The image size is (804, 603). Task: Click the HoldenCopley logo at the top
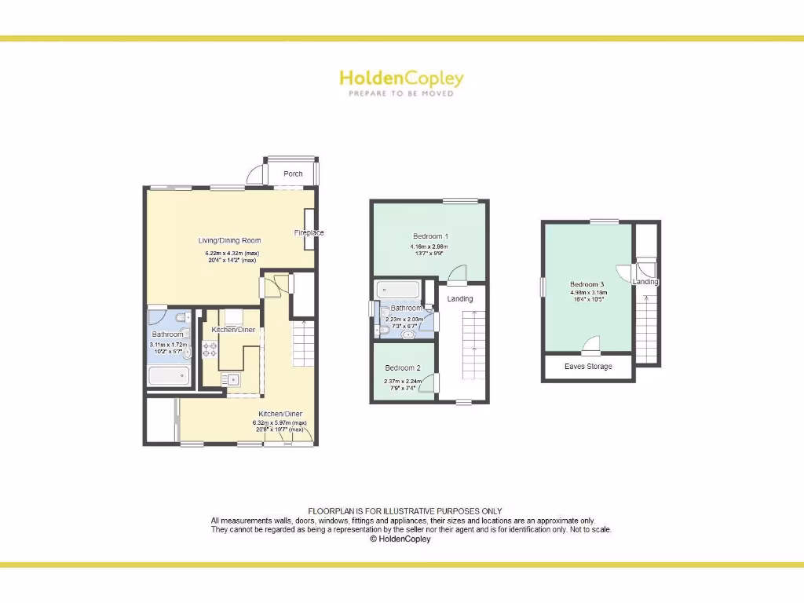pyautogui.click(x=401, y=79)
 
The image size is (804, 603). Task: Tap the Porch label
pyautogui.click(x=293, y=174)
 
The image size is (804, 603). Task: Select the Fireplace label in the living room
pyautogui.click(x=309, y=232)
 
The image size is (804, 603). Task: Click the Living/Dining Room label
pyautogui.click(x=228, y=240)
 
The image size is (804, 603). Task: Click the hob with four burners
pyautogui.click(x=210, y=350)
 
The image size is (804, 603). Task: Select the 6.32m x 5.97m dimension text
pyautogui.click(x=279, y=423)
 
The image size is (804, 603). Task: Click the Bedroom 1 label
pyautogui.click(x=430, y=236)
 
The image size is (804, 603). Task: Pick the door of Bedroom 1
pyautogui.click(x=457, y=272)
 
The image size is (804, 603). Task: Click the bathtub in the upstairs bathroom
pyautogui.click(x=397, y=291)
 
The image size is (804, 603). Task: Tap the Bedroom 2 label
pyautogui.click(x=403, y=367)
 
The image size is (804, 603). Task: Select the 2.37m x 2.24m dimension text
pyautogui.click(x=403, y=382)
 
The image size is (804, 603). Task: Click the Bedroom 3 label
pyautogui.click(x=587, y=284)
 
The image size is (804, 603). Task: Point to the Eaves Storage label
pyautogui.click(x=588, y=367)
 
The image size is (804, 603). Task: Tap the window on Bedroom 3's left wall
pyautogui.click(x=542, y=287)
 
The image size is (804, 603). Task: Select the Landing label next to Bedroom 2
pyautogui.click(x=460, y=298)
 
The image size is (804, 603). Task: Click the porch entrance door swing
pyautogui.click(x=255, y=175)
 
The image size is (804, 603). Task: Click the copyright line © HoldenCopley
pyautogui.click(x=400, y=539)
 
